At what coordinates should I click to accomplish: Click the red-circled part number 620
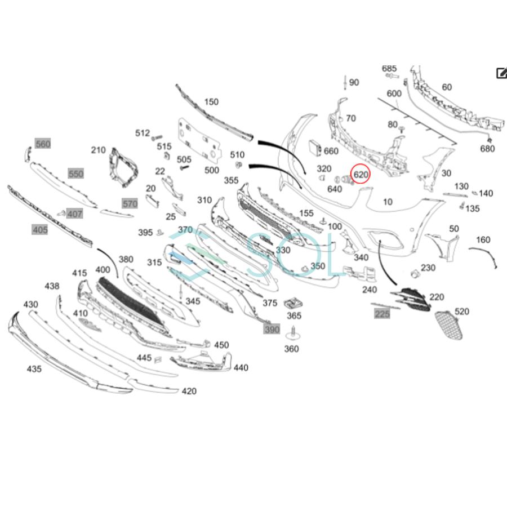tap(361, 175)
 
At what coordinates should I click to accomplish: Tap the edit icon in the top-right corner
tap(501, 73)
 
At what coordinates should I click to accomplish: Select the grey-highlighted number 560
tap(43, 144)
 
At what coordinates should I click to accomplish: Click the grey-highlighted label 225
tap(382, 313)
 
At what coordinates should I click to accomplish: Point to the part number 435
tap(34, 368)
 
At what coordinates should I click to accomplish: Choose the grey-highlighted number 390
tap(272, 329)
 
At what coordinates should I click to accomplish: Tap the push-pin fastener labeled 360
tap(292, 336)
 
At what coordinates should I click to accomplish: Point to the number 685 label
tap(389, 69)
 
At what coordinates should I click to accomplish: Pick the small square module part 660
tap(313, 148)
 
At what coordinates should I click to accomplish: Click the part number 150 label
tap(211, 102)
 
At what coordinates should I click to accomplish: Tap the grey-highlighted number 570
tap(130, 203)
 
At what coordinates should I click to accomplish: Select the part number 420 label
tap(189, 391)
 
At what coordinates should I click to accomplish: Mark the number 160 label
tap(483, 240)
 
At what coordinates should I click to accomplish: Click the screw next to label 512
tap(157, 137)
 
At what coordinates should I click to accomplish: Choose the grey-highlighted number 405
tap(40, 229)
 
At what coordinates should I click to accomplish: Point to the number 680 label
tap(487, 149)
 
